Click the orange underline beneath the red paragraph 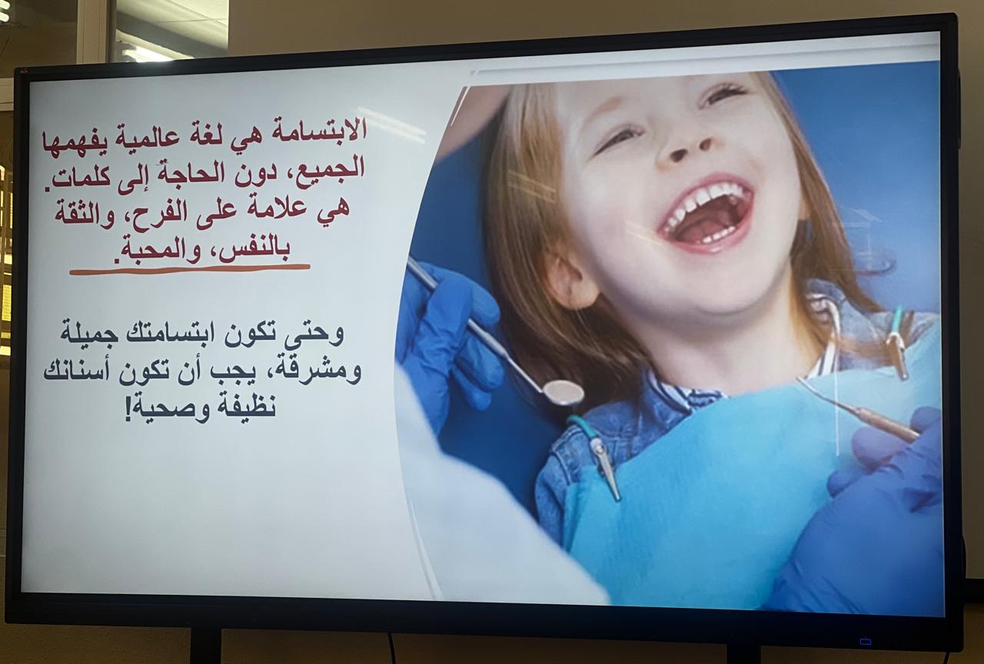click(x=190, y=269)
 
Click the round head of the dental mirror click(x=563, y=391)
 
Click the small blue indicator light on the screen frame click(x=866, y=642)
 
